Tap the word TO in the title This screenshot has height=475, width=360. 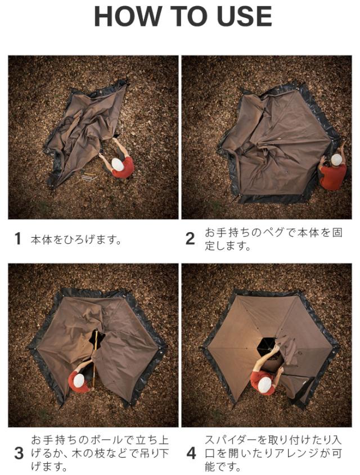189,16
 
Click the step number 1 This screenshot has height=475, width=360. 18,239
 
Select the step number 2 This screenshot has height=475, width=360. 190,239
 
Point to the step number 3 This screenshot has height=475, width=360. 19,454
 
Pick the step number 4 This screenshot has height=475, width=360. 191,454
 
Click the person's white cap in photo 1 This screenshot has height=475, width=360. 118,164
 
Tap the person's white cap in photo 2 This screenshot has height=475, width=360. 336,160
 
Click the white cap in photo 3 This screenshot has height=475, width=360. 79,380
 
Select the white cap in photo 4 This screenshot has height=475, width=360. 264,384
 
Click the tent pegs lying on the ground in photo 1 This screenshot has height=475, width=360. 89,175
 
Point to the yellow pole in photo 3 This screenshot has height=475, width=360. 95,359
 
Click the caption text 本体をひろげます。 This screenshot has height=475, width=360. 76,239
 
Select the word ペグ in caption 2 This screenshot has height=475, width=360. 273,233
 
